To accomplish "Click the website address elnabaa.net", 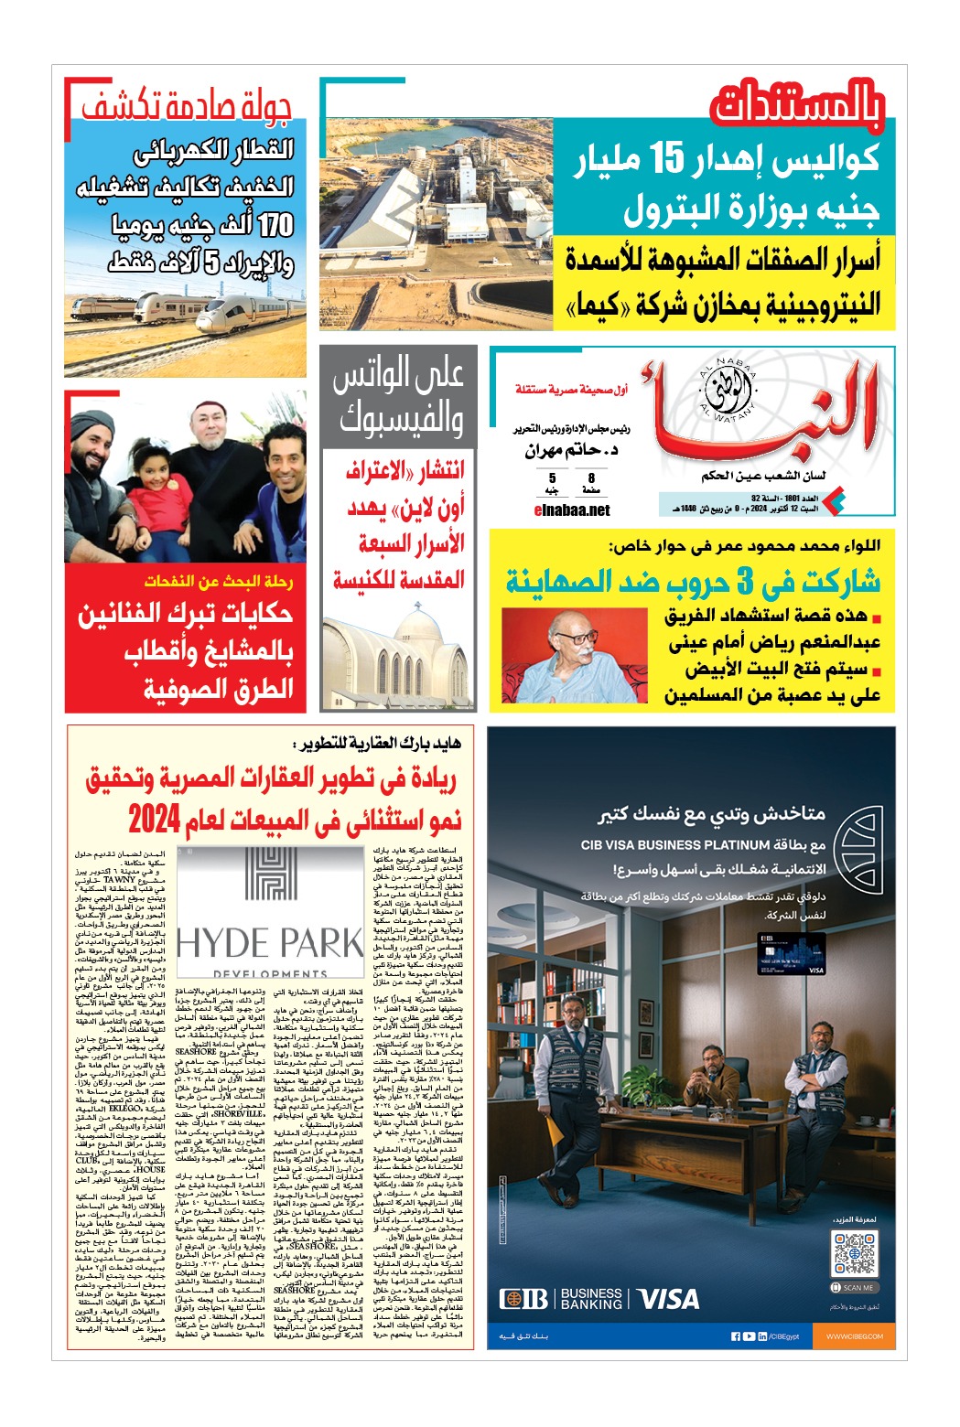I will pyautogui.click(x=571, y=510).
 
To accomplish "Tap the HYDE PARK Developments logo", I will pyautogui.click(x=270, y=915).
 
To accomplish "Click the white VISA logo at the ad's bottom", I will pyautogui.click(x=668, y=1299).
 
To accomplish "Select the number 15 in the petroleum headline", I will pyautogui.click(x=666, y=160).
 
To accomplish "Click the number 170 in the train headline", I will pyautogui.click(x=275, y=225).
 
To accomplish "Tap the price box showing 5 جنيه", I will pyautogui.click(x=552, y=483).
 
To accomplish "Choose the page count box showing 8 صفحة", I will pyautogui.click(x=591, y=483).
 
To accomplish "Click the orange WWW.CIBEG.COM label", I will pyautogui.click(x=855, y=1336).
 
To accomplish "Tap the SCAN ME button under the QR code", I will pyautogui.click(x=853, y=1287).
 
